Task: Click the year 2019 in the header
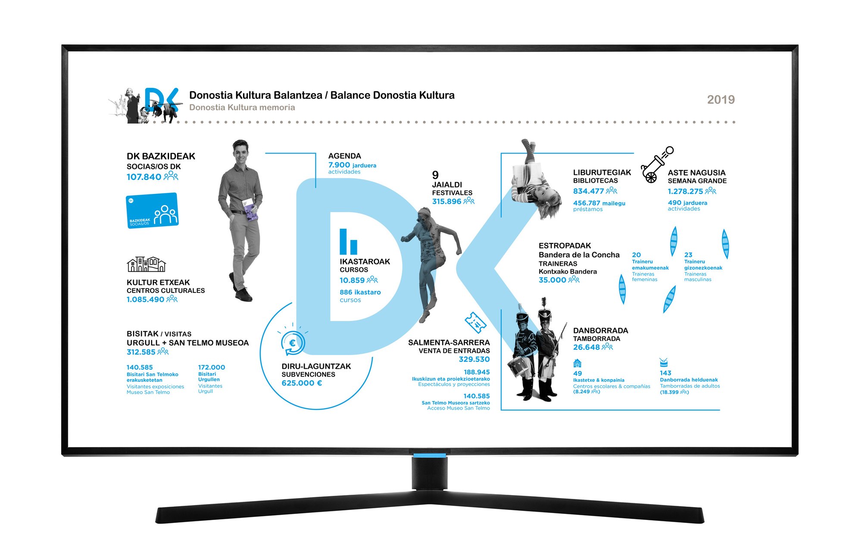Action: tap(721, 100)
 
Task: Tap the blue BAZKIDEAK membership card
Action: tap(152, 210)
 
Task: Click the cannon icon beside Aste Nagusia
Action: tap(656, 165)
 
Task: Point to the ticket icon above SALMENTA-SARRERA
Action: tap(475, 322)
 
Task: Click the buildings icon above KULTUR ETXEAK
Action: tap(146, 264)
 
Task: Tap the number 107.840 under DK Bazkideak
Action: tap(144, 177)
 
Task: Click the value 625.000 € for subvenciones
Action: tap(302, 383)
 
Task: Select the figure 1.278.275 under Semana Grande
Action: tap(685, 191)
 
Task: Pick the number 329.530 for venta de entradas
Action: tap(474, 359)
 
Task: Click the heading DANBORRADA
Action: tap(600, 330)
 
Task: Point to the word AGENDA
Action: tap(344, 156)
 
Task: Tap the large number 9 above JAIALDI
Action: tap(435, 175)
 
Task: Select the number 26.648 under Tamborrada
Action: tap(586, 347)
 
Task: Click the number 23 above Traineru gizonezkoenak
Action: tap(688, 255)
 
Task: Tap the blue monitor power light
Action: tap(430, 455)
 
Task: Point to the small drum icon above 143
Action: tap(664, 362)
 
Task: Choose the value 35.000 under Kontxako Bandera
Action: tap(552, 280)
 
